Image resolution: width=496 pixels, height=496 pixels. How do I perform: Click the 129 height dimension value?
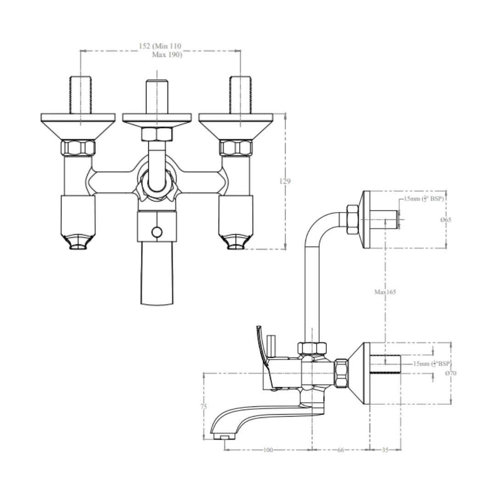point(285,181)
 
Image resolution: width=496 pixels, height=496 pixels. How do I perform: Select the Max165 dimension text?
point(385,292)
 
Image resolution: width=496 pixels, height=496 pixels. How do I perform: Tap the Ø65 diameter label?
point(445,220)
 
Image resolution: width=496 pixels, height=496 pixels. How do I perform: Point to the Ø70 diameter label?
point(451,373)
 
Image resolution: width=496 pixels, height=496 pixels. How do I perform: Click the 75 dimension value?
point(203,406)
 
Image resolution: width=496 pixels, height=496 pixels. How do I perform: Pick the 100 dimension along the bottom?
point(268,450)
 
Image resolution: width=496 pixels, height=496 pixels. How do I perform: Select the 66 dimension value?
point(340,450)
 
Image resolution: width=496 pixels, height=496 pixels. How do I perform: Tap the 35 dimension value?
point(385,450)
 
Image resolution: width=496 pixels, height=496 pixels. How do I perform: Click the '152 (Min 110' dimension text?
point(160,46)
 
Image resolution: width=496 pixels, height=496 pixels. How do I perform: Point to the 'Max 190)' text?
point(167,55)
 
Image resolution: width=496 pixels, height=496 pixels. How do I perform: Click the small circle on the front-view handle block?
point(157,232)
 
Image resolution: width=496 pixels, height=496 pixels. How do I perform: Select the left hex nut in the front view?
point(78,147)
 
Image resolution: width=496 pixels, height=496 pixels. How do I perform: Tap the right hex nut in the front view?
point(236,147)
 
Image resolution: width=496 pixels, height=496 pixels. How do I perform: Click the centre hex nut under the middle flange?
point(157,134)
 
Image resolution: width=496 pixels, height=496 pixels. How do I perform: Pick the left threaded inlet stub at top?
point(81,95)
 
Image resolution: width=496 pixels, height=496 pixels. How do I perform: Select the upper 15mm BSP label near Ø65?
point(425,199)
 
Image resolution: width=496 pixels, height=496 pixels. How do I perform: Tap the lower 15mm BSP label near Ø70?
point(432,364)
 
